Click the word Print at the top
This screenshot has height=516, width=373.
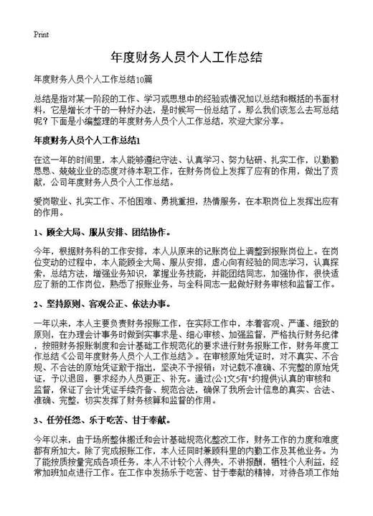[x=41, y=34]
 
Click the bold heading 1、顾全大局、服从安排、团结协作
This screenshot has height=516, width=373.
[x=101, y=234]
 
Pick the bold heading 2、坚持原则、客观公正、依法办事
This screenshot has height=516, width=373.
[x=101, y=305]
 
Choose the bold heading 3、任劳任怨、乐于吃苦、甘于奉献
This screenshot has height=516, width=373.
[x=101, y=419]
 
